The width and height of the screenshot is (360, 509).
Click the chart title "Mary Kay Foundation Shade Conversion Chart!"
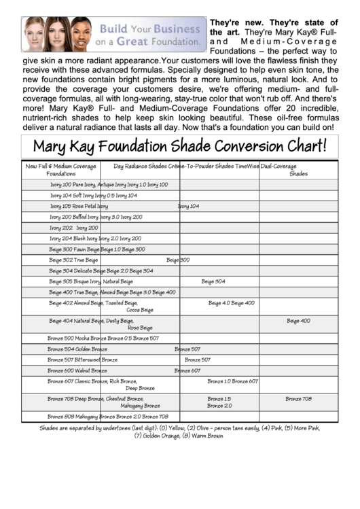pyautogui.click(x=180, y=145)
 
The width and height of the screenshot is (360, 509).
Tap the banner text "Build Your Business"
pyautogui.click(x=150, y=30)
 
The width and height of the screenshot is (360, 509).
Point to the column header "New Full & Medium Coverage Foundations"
pyautogui.click(x=60, y=169)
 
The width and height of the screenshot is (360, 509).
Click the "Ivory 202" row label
pyautogui.click(x=60, y=228)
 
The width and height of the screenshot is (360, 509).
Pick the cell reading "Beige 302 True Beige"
pyautogui.click(x=73, y=260)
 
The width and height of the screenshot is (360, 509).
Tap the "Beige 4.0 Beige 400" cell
pyautogui.click(x=231, y=303)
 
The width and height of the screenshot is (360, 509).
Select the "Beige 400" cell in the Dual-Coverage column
pyautogui.click(x=298, y=321)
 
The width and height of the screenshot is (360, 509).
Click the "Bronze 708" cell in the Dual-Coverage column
pyautogui.click(x=298, y=399)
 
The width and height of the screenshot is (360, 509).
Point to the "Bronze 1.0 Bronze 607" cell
pyautogui.click(x=232, y=381)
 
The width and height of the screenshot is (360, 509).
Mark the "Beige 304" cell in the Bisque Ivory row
pyautogui.click(x=213, y=281)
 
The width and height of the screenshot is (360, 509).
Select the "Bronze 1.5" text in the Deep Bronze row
pyautogui.click(x=219, y=399)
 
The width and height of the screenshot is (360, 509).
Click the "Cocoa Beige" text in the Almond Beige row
pyautogui.click(x=140, y=310)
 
